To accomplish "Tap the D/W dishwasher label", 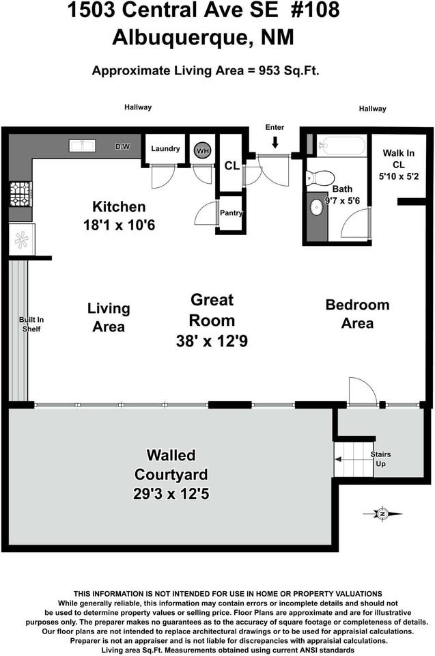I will [x=123, y=147].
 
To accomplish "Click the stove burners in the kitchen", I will [x=19, y=193].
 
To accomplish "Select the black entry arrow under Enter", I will [x=275, y=142].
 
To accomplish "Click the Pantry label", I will [x=231, y=213].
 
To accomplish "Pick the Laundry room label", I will [x=165, y=149].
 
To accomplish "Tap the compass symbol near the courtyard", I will [x=383, y=514].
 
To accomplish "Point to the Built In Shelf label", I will [x=31, y=324].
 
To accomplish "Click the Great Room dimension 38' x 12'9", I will [x=212, y=340].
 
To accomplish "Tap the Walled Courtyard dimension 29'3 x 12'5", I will [x=171, y=492].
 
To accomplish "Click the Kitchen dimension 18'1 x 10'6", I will [x=120, y=224].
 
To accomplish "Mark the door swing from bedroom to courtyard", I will [x=362, y=391].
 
